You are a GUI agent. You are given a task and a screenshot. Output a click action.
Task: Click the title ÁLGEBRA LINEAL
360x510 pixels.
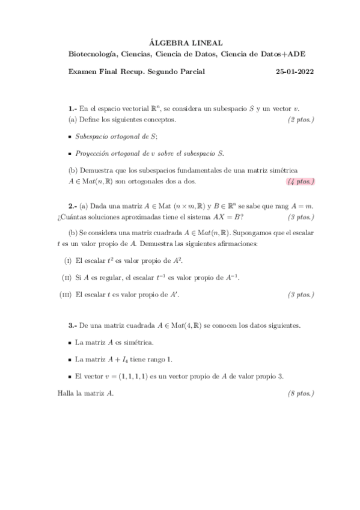coord(186,43)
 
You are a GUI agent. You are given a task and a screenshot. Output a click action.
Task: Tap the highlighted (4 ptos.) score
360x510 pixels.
coord(301,181)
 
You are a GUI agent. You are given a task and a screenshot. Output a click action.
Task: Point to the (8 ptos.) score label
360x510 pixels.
coord(301,393)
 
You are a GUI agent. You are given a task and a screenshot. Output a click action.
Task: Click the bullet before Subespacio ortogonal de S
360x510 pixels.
coord(70,137)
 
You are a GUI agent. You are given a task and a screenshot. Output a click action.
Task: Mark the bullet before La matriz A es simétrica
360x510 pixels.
coord(70,343)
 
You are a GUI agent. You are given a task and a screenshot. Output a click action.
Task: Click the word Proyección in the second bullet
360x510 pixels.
coord(91,153)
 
